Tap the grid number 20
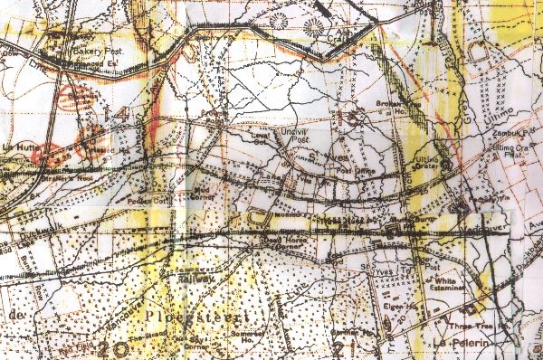pos(115,348)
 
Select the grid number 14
pos(123,116)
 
